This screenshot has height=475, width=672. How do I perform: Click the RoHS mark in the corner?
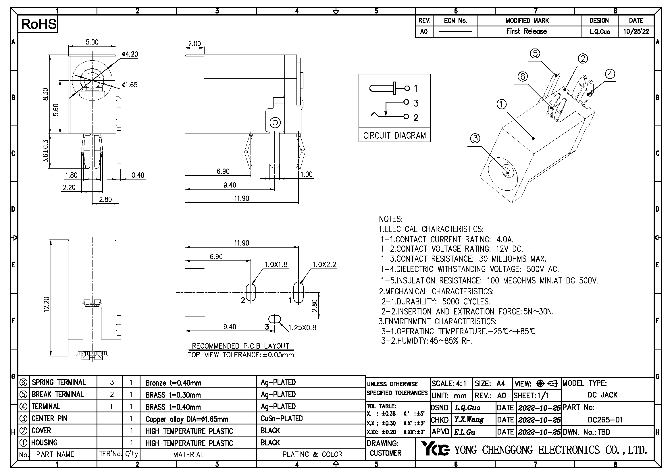[38, 24]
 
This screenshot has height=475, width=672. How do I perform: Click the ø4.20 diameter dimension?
[130, 54]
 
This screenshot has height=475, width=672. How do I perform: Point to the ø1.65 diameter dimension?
[130, 85]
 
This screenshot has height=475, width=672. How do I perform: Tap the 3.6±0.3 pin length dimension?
[45, 151]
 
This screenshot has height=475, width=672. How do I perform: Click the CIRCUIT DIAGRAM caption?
[394, 136]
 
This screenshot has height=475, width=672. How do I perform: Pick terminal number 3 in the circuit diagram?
[416, 103]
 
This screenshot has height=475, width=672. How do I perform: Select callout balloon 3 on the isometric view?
[475, 138]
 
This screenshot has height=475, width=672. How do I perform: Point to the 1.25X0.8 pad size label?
[302, 328]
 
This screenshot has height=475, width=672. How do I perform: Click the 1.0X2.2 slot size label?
[324, 265]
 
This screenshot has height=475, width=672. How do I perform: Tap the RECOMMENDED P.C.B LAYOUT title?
[240, 346]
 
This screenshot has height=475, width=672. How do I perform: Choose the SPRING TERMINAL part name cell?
[59, 383]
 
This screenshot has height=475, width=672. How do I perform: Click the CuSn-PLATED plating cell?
[282, 418]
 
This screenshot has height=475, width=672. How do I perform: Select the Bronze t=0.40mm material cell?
[173, 383]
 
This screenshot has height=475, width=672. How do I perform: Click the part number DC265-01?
[605, 420]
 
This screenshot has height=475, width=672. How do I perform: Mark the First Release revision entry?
[527, 32]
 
